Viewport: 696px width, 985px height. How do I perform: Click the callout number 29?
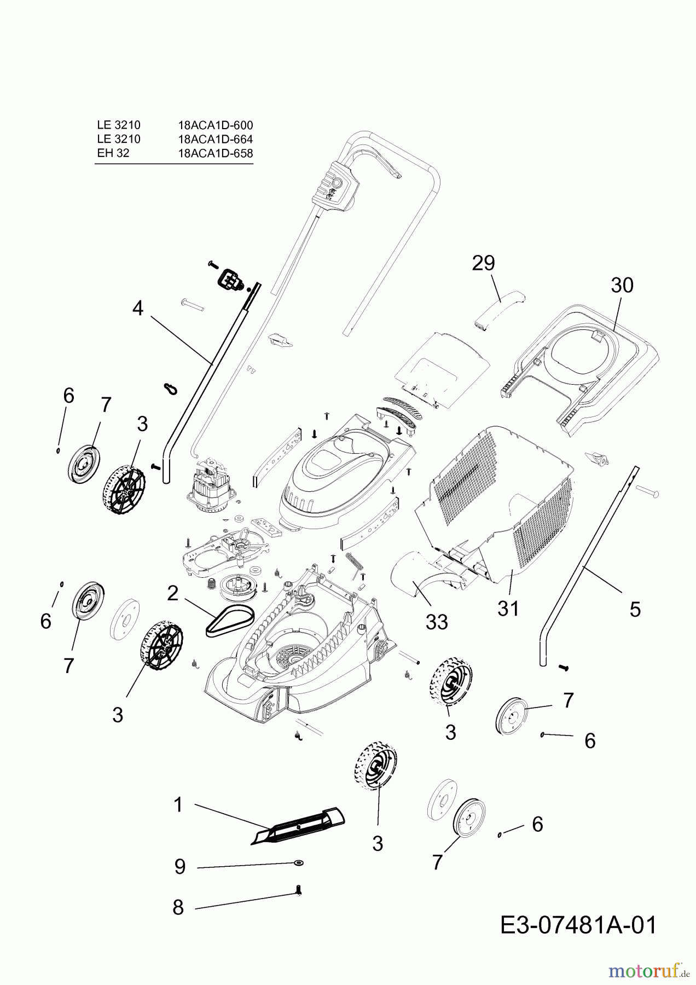(483, 263)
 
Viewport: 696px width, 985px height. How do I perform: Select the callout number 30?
(622, 285)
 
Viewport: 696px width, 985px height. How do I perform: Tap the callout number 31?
(508, 608)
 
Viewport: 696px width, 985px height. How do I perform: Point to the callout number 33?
(437, 622)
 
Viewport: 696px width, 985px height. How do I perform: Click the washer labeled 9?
(298, 863)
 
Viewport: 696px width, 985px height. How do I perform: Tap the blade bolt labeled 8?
(298, 892)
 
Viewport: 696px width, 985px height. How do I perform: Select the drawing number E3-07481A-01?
(578, 926)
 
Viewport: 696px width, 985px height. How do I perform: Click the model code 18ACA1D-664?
(216, 140)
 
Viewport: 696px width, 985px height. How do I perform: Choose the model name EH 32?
(113, 153)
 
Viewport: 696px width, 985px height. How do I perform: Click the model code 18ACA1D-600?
(216, 125)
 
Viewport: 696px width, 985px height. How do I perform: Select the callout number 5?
(635, 609)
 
